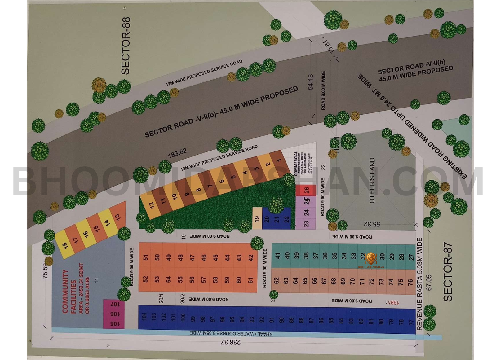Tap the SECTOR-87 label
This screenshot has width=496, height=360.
coord(448,272)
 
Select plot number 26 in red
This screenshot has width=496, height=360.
coord(306,190)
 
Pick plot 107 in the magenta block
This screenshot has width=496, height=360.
coord(114,304)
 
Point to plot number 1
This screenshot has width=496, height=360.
coord(279,160)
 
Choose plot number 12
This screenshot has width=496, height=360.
coord(152,205)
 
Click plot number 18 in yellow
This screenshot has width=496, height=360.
coord(65,246)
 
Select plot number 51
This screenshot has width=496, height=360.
coord(146,257)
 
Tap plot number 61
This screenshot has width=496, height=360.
coord(250,280)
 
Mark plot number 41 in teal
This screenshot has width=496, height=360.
coord(277,256)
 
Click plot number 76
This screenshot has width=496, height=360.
coord(410,282)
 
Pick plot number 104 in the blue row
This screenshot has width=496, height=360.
coord(144,316)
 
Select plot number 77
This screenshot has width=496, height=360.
coord(411,322)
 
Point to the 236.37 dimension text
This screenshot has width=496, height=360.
coord(230,342)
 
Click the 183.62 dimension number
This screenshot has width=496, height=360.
coord(177,153)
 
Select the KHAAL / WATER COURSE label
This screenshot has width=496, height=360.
coord(231,334)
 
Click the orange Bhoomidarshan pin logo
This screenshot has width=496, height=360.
coord(371,258)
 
